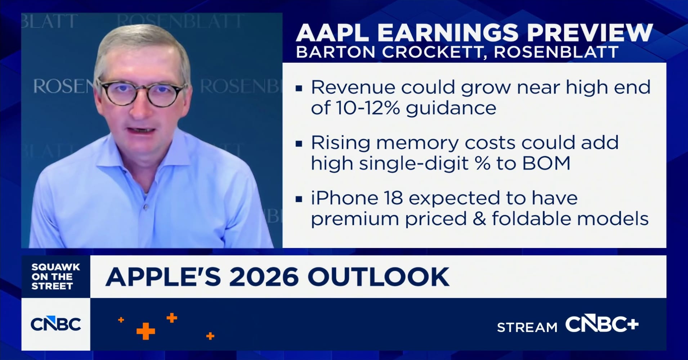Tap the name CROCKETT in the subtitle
pos(432,52)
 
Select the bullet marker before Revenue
pos(299,88)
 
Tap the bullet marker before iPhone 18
pos(299,199)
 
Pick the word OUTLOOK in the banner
pos(378,277)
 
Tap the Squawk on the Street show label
pos(55,276)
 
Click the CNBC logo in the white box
pos(56,324)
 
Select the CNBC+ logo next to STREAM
pos(602,324)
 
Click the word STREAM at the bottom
pos(527,327)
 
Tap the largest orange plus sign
pos(146,331)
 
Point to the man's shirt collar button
pos(146,207)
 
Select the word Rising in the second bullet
pos(341,143)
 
